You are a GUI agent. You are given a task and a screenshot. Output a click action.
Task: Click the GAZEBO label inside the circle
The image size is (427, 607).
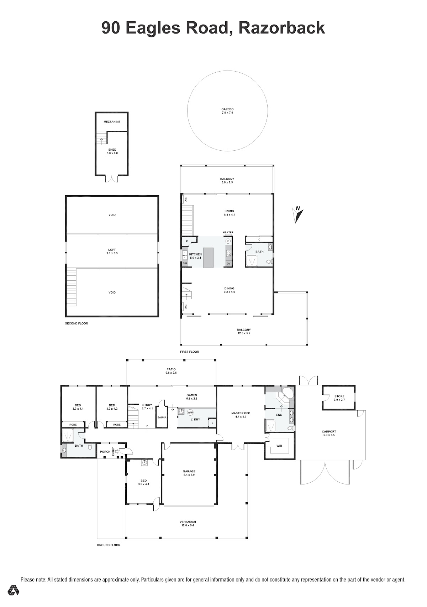click(x=227, y=109)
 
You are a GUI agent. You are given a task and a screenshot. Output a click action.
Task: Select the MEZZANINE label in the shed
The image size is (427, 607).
click(x=112, y=122)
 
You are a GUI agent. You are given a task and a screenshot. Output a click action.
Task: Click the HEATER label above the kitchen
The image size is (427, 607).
click(x=228, y=233)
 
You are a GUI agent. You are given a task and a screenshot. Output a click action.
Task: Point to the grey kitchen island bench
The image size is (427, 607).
click(x=208, y=258)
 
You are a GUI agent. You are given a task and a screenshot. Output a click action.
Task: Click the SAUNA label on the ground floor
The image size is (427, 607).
click(x=162, y=417)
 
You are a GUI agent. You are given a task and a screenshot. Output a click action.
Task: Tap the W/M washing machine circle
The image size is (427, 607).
click(x=190, y=413)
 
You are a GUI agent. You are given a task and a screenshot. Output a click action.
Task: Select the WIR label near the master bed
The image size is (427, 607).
click(x=279, y=446)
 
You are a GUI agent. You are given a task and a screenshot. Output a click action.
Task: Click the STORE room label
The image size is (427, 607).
click(x=339, y=396)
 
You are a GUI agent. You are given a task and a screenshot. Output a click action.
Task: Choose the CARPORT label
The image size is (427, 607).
click(x=329, y=432)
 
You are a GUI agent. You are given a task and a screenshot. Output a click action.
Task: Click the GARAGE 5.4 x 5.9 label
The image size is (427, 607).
click(x=189, y=473)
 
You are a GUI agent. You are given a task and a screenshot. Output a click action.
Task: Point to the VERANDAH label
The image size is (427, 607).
click(x=188, y=522)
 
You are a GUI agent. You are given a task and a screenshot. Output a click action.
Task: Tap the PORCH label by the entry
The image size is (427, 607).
click(x=105, y=452)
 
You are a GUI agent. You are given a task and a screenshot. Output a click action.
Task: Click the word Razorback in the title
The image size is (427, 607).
click(x=281, y=28)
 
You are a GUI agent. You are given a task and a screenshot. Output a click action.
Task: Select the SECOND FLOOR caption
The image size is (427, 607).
click(x=77, y=323)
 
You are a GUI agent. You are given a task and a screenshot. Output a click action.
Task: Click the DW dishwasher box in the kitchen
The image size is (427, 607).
click(x=185, y=263)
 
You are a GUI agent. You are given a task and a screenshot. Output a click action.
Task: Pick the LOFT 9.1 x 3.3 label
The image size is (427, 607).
click(x=112, y=251)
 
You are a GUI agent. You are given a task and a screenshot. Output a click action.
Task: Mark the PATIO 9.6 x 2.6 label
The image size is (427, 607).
click(x=171, y=371)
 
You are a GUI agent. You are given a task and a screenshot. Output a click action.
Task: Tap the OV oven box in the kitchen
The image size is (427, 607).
click(x=228, y=264)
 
